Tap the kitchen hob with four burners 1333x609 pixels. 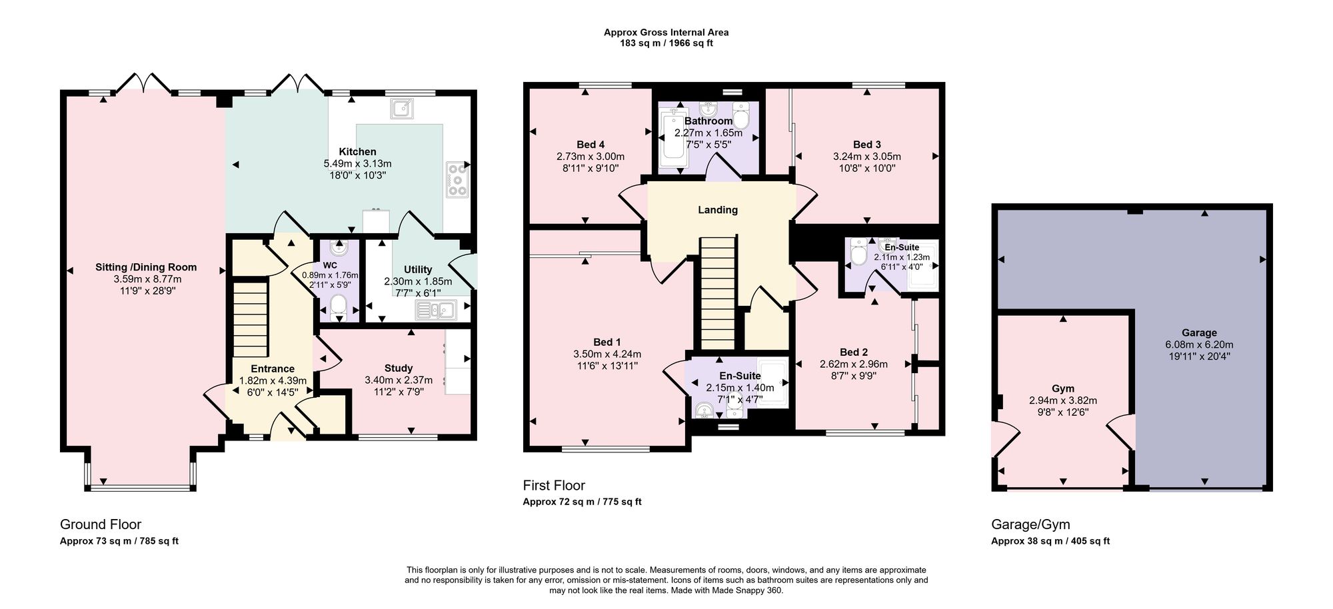pyautogui.click(x=458, y=179)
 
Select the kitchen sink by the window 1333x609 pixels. pyautogui.click(x=403, y=109)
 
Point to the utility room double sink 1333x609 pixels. pyautogui.click(x=435, y=310)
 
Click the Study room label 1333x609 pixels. pyautogui.click(x=399, y=368)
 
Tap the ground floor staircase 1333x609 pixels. pyautogui.click(x=250, y=318)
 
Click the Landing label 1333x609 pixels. pyautogui.click(x=718, y=210)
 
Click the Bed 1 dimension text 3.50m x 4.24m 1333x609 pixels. pyautogui.click(x=607, y=354)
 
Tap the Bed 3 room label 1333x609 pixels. pyautogui.click(x=866, y=145)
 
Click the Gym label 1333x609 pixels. pyautogui.click(x=1063, y=388)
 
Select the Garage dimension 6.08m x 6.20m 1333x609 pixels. pyautogui.click(x=1199, y=345)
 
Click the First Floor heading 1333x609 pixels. pyautogui.click(x=554, y=485)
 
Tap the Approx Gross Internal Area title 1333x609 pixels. pyautogui.click(x=666, y=32)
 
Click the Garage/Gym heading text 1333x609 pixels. pyautogui.click(x=1030, y=524)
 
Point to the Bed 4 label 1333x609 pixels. pyautogui.click(x=591, y=145)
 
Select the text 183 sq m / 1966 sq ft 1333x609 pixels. pyautogui.click(x=666, y=43)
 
